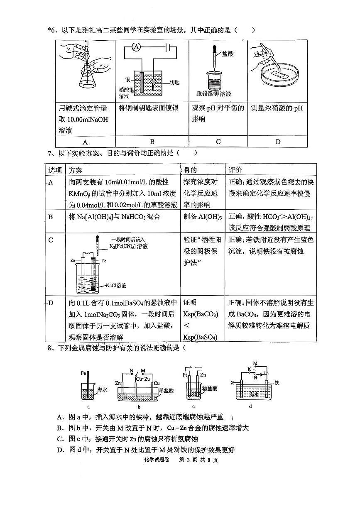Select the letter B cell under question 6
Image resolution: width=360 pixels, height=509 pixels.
[x=152, y=142]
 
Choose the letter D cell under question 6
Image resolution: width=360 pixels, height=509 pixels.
[x=278, y=142]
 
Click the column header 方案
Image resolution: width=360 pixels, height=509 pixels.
[x=76, y=170]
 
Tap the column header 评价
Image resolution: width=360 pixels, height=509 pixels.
[x=235, y=170]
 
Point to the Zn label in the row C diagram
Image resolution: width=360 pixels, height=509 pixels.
[x=73, y=260]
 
